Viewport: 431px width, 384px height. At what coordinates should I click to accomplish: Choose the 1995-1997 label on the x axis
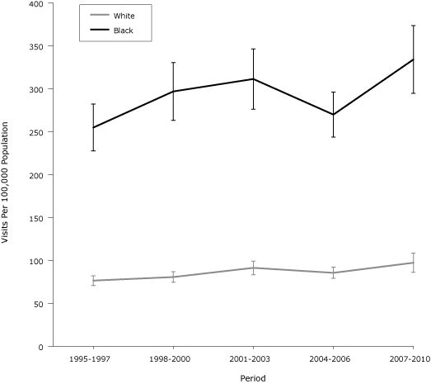[93, 360]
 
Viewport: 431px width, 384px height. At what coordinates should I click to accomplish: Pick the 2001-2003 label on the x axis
[253, 360]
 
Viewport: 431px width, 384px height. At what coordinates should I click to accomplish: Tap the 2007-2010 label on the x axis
[413, 360]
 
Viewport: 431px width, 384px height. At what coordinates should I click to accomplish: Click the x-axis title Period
[252, 377]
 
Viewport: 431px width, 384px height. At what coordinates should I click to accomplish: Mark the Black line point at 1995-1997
[93, 127]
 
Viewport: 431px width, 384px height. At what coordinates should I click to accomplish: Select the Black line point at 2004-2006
[333, 114]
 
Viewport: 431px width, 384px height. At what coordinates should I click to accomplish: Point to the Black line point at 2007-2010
[413, 59]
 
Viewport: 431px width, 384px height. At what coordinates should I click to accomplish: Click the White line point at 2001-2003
[253, 268]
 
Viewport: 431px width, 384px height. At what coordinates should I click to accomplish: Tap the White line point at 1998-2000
[173, 277]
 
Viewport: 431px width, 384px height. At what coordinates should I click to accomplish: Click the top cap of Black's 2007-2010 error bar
[413, 26]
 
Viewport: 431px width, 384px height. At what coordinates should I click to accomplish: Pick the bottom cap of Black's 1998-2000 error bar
[173, 120]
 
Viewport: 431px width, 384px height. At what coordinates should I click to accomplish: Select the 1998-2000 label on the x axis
[173, 360]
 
